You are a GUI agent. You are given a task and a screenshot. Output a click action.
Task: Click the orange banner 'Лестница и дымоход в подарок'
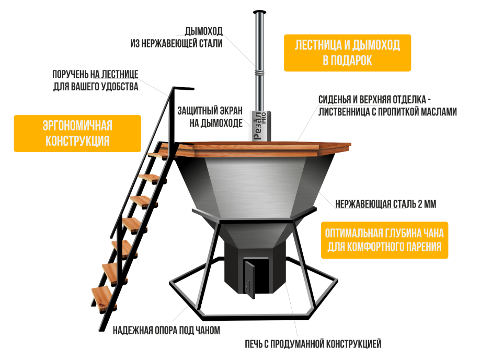347,53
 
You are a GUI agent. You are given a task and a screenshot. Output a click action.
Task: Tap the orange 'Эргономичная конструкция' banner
77,133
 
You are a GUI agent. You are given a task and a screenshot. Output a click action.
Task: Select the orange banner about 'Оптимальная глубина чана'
384,240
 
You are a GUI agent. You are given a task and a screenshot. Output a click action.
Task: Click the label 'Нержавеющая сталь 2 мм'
386,204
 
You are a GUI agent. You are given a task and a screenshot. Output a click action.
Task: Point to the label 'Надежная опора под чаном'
166,330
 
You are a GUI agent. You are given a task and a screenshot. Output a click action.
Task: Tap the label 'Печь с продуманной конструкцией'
313,344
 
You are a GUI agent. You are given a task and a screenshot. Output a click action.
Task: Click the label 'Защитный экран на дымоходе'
210,117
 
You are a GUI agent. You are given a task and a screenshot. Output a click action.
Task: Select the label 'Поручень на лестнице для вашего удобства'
96,80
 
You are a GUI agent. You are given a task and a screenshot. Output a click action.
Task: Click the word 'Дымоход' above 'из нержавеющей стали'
204,31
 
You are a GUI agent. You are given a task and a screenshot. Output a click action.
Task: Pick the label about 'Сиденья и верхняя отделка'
387,106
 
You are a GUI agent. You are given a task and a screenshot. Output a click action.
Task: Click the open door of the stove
249,279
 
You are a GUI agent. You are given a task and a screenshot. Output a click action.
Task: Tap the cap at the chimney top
259,12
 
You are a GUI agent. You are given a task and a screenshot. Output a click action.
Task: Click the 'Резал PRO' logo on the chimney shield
259,125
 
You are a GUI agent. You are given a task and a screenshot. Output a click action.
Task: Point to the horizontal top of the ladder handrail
184,88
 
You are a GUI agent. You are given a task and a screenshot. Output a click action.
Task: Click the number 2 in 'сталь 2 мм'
420,204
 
